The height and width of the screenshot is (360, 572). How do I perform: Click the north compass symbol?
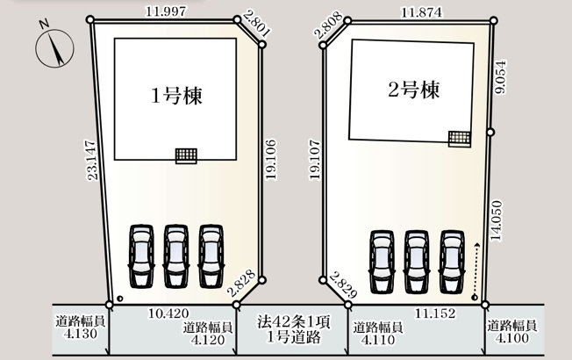[x=55, y=48]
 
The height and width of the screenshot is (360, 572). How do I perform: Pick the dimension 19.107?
[x=315, y=159]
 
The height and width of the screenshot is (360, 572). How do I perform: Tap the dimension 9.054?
[x=501, y=78]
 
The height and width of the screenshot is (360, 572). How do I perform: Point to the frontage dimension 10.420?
[x=168, y=313]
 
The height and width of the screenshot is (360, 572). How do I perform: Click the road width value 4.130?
[x=80, y=328]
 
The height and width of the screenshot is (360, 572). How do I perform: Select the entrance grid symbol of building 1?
[x=187, y=155]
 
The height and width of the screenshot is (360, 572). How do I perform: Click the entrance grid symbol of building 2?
[x=459, y=138]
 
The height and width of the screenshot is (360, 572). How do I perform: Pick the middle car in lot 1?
[x=176, y=256]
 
